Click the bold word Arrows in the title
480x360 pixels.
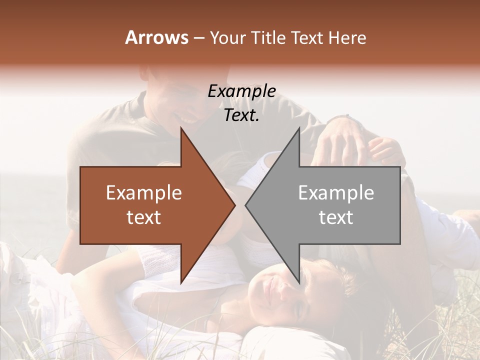[x=156, y=37]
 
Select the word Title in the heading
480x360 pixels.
[x=268, y=37]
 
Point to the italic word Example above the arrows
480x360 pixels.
[x=241, y=91]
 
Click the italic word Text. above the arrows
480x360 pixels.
[x=241, y=115]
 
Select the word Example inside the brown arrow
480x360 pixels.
[x=144, y=192]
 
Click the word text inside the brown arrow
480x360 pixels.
[x=144, y=217]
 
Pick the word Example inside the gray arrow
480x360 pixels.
[x=336, y=192]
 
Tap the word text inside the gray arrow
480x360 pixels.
[x=336, y=217]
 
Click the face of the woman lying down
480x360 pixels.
[x=280, y=292]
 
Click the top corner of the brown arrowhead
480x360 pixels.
[x=181, y=128]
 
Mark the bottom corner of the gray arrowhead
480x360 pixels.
[x=299, y=283]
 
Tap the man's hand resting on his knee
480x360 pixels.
[x=340, y=145]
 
